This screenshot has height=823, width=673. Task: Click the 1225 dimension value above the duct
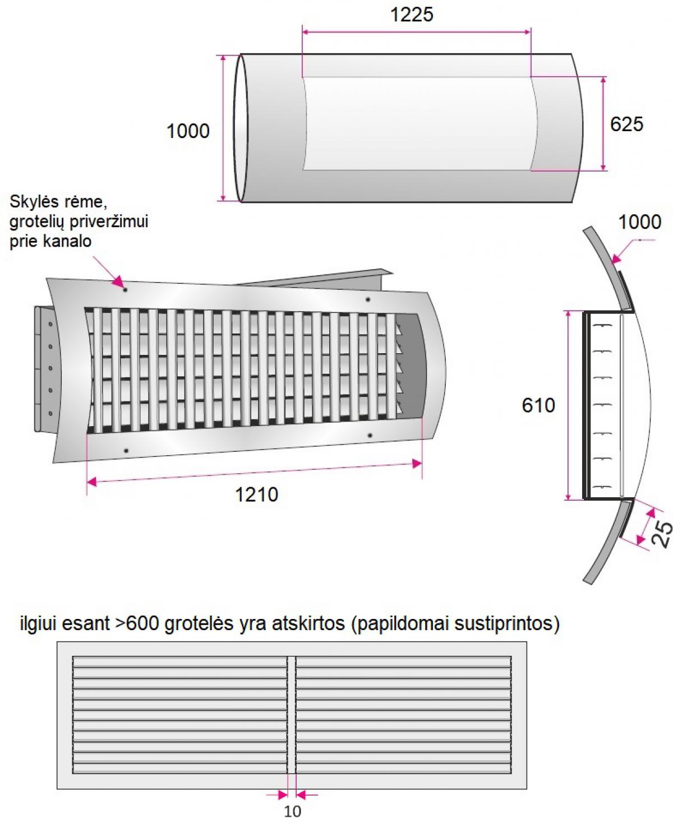coord(412,15)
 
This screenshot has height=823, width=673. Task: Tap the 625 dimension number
coord(626,124)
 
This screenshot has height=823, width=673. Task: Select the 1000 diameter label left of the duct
coord(188,131)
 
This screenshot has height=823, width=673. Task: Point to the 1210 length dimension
coord(256,495)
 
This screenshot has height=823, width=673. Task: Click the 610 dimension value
coord(538,405)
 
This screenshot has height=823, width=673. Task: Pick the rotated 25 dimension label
coord(662,534)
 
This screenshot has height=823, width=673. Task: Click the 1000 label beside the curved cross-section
coord(640,222)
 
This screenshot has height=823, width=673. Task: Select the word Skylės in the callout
coord(35,202)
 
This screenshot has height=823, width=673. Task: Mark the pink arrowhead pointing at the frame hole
coord(118,281)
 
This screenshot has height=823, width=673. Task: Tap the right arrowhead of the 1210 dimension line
coord(417,464)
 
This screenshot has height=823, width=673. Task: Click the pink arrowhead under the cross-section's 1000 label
coord(616,258)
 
